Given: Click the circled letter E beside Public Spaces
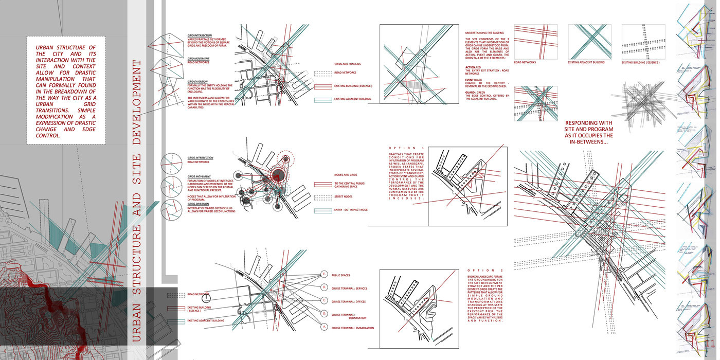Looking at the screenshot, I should click(x=324, y=274).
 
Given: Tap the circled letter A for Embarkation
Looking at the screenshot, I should click(x=324, y=327).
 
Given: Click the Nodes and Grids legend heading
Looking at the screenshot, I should click(x=345, y=175).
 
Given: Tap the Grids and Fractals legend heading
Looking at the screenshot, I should click(x=347, y=64).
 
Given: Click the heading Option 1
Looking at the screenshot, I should click(x=407, y=148).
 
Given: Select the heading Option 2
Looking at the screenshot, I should click(x=486, y=271).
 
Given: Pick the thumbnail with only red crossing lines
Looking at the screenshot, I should click(x=535, y=42).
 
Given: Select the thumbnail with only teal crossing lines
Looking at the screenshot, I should click(x=589, y=42).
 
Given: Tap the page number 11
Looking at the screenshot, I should click(x=710, y=344).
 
